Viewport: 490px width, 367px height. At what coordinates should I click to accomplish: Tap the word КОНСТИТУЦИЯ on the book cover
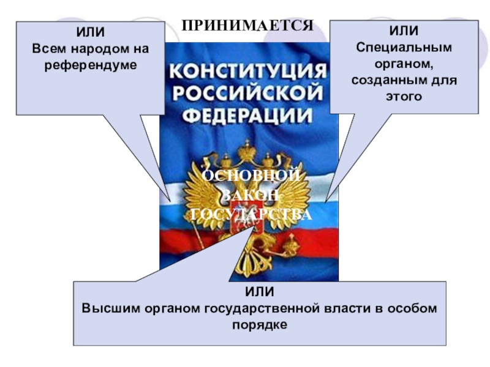pos(247,71)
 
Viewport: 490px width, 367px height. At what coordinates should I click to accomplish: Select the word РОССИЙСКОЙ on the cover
pos(247,92)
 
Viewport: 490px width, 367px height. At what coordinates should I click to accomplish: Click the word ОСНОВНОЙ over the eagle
pos(251,176)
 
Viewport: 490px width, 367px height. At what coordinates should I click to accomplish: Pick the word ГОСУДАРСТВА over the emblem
pos(251,215)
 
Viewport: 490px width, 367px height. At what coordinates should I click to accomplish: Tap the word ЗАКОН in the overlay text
pos(251,195)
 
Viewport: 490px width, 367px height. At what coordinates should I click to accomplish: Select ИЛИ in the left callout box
pos(91,32)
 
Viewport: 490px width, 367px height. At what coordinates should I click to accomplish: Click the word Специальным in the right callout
pos(404,47)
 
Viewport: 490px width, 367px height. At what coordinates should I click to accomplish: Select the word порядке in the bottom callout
pos(260,324)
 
